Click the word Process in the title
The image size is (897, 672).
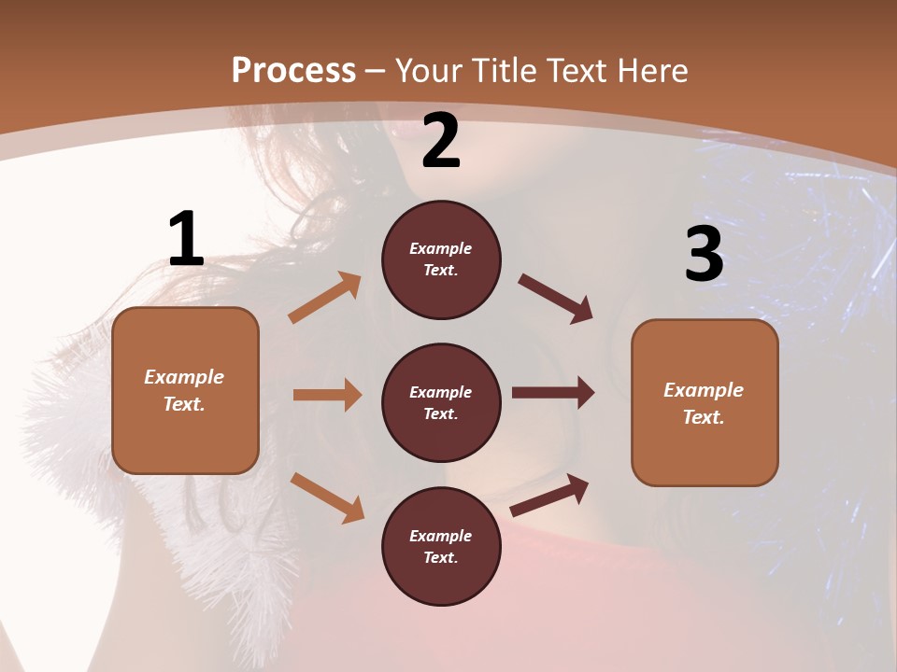point(293,71)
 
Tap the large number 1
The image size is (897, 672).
point(186,240)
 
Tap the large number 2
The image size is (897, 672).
point(441,141)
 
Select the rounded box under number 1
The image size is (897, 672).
point(185,390)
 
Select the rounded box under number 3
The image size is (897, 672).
point(705,402)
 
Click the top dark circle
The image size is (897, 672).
point(441,259)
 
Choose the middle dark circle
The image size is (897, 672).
point(441,402)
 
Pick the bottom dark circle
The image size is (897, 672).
point(441,546)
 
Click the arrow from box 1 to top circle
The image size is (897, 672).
point(325,298)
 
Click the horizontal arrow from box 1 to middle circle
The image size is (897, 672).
point(327,395)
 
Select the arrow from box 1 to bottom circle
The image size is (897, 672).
point(327,497)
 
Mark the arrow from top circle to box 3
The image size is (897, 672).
point(556,299)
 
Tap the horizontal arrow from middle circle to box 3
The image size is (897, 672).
point(553,393)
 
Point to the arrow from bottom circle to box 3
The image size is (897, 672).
point(549,496)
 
